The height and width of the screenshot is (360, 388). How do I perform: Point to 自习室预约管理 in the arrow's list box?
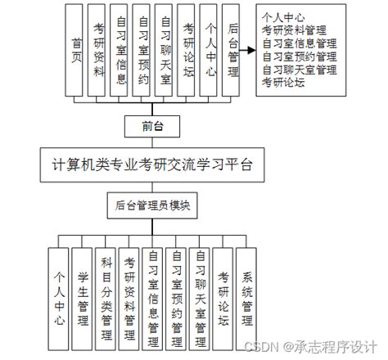coord(300,56)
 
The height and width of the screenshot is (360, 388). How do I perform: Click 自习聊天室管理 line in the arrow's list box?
coord(300,70)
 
